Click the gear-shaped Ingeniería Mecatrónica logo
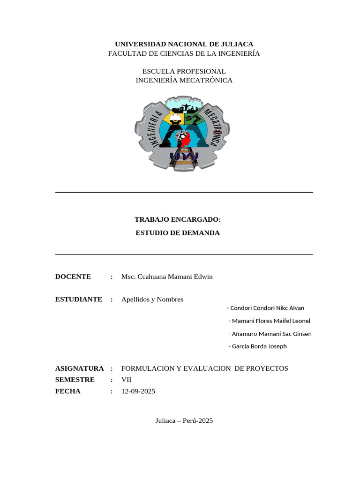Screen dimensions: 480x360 pos(183,134)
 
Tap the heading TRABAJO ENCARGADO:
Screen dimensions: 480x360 pos(177,219)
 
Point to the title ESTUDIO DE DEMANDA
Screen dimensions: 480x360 pos(177,232)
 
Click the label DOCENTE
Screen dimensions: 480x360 pos(73,277)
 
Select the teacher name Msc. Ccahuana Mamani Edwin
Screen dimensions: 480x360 pos(167,277)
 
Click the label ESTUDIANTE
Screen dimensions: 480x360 pos(79,299)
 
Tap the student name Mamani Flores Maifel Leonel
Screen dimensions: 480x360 pos(270,321)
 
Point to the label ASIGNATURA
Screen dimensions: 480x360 pos(79,368)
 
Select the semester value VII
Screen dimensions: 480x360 pos(127,380)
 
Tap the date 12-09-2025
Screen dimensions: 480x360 pos(138,391)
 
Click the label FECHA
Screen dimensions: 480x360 pos(68,391)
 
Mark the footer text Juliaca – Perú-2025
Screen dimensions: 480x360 pos(184,420)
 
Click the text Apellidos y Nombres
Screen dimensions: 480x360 pos(152,299)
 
